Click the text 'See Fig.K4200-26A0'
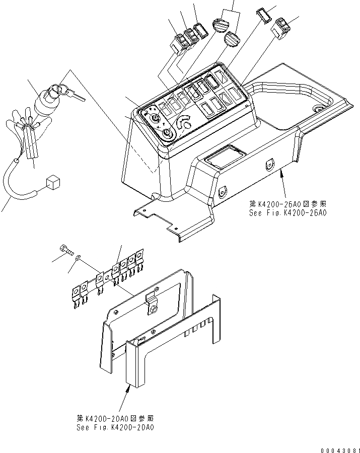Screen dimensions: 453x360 tap(287, 212)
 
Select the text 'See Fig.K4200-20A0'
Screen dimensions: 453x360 tap(116, 427)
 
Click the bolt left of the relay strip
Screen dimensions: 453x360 tap(65, 249)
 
